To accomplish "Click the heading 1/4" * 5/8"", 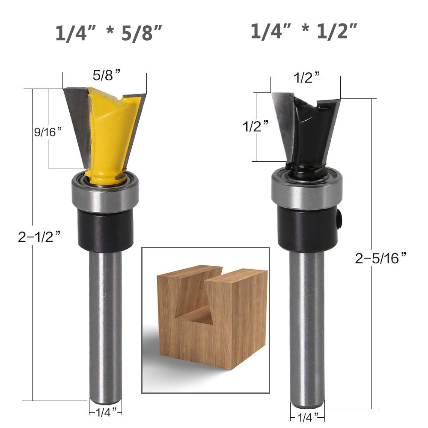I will point(109,33).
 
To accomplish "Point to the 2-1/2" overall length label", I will point(39,236).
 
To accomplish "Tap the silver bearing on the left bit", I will point(105,193).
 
